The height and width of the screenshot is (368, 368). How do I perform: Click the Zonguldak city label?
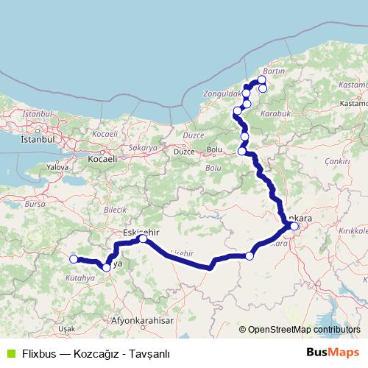click(222, 95)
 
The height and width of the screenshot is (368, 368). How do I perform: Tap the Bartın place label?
click(273, 71)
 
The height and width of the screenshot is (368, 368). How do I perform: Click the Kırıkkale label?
click(351, 230)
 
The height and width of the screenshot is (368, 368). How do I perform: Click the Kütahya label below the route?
click(80, 279)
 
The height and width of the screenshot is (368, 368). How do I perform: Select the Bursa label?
click(35, 202)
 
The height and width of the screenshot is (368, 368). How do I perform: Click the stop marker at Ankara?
click(294, 226)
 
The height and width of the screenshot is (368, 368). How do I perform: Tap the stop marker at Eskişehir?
click(143, 238)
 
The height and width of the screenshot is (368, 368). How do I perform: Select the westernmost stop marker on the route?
click(74, 259)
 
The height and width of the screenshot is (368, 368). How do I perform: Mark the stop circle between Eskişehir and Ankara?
click(250, 256)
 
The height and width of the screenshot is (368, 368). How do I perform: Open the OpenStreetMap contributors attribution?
click(304, 330)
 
